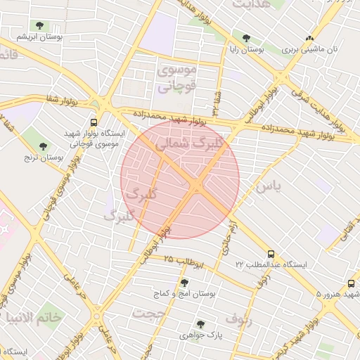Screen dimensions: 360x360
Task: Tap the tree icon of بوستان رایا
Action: (x=246, y=39)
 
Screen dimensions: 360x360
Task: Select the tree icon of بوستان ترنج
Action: (x=43, y=146)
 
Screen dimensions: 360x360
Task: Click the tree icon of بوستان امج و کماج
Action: (x=184, y=283)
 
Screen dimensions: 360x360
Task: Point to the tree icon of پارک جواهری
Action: (x=200, y=324)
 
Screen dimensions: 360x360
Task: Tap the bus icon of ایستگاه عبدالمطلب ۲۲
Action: (x=271, y=253)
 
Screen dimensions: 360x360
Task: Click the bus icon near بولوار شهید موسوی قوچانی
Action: (x=94, y=121)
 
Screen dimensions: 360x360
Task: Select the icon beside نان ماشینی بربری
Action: (x=310, y=38)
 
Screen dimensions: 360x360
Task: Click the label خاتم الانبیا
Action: (x=33, y=318)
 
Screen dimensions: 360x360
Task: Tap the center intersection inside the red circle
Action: (x=196, y=185)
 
